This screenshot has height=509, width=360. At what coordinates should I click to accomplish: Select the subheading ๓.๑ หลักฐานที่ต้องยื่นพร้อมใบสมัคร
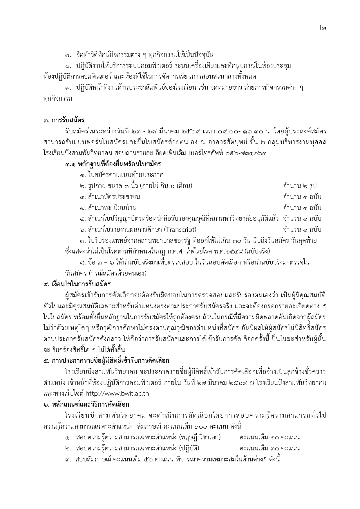113,164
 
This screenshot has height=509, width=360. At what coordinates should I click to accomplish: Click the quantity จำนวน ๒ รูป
300,186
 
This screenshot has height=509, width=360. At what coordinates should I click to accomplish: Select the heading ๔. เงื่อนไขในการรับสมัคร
77,284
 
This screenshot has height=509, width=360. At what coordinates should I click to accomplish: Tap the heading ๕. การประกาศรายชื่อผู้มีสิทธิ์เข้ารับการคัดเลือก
106,361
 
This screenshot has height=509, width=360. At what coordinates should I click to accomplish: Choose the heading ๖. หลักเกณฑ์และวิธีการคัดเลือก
86,404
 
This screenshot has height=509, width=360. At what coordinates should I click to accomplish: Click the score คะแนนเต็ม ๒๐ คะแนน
269,437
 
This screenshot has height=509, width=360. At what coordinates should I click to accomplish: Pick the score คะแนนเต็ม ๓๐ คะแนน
269,448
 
